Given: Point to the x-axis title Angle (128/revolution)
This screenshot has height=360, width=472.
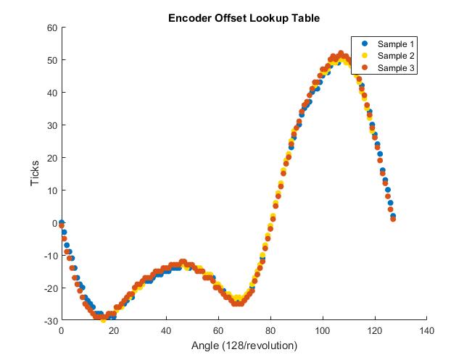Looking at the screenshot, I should point(244,346).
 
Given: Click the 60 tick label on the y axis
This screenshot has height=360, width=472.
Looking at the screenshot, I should point(51,28).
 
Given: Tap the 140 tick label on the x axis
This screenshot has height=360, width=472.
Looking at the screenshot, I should point(426,331).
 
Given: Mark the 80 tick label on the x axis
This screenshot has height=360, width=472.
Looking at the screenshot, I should point(270,331).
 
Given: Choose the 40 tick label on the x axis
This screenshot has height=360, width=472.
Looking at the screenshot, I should point(165,331).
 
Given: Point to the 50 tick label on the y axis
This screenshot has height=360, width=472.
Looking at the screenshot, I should point(51,60).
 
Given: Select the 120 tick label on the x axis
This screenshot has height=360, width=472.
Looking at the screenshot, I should point(374,331).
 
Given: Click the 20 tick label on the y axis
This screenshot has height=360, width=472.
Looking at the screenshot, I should point(51,158).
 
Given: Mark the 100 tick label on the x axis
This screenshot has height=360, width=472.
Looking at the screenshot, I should point(322,331).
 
